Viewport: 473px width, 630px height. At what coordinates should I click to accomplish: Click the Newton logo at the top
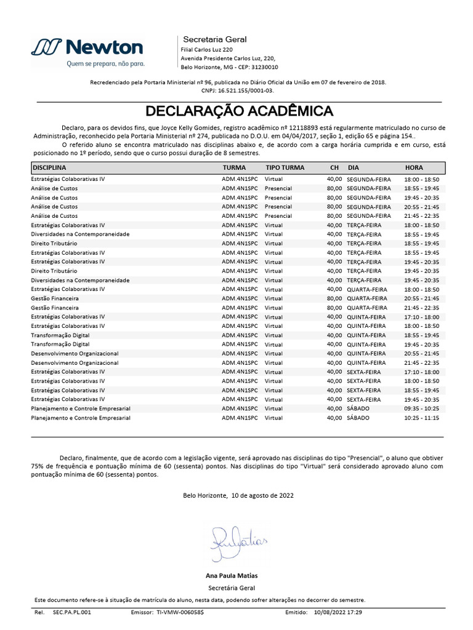(x=87, y=47)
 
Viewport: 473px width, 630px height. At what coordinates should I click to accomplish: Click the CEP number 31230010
(x=266, y=67)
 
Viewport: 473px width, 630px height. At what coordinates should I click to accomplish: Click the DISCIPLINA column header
(x=49, y=167)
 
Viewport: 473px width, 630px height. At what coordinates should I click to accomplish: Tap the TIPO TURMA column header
(x=285, y=167)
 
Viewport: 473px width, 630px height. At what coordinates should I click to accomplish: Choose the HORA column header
(x=414, y=167)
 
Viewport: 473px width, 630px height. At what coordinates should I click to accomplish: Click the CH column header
(x=334, y=167)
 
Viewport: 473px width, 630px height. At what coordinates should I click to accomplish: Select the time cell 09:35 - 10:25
(x=422, y=409)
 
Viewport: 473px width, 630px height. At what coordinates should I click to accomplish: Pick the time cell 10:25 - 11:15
(x=422, y=418)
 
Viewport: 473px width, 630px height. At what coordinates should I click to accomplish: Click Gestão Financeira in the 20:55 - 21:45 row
(x=55, y=298)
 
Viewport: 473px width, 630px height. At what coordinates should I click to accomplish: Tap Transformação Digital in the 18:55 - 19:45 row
(x=60, y=335)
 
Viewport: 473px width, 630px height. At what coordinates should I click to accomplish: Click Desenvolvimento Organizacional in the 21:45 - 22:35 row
(x=75, y=363)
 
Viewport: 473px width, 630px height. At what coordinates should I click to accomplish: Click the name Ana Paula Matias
(x=232, y=576)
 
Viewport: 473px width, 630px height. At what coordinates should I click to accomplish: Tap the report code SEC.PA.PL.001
(x=72, y=613)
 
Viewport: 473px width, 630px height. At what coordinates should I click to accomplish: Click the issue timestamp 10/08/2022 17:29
(x=338, y=613)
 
